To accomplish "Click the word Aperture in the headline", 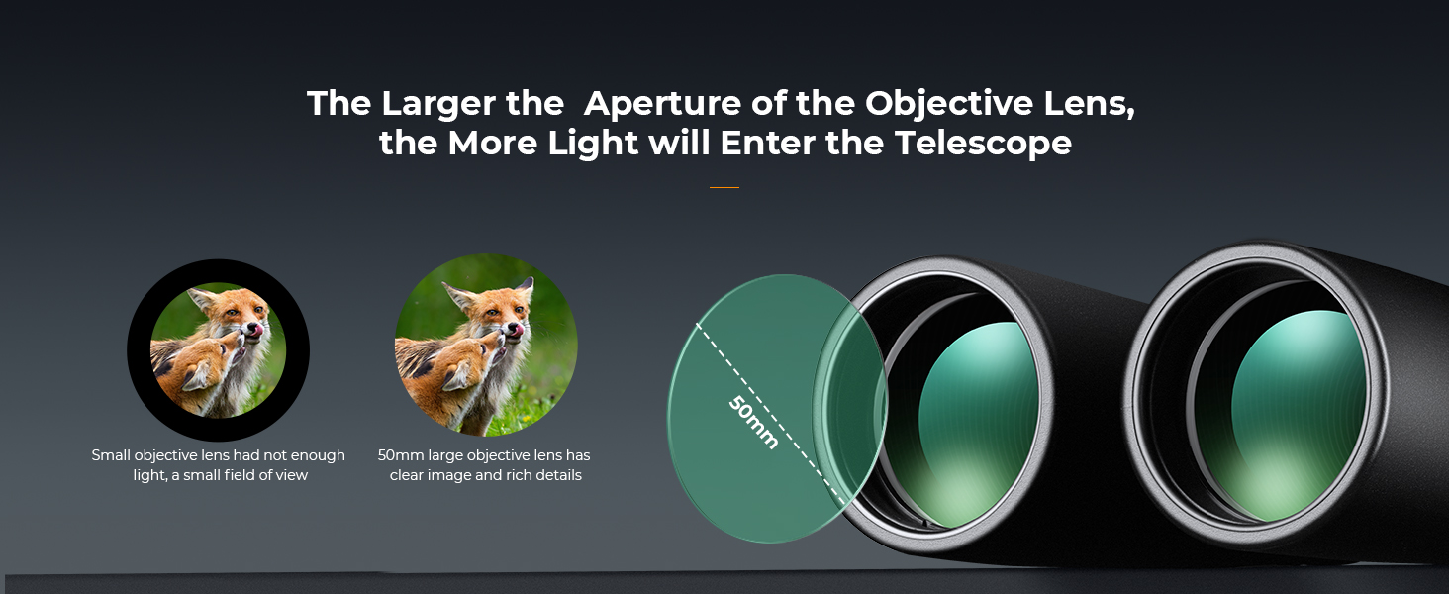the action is [662, 105].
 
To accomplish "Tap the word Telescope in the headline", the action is [983, 143].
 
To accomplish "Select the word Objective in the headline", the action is [949, 105].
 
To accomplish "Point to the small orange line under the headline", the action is [724, 188].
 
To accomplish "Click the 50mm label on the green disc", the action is [753, 422].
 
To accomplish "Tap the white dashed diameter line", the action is [770, 414].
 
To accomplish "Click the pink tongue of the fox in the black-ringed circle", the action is [256, 330].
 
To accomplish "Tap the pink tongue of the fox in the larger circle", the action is [516, 330].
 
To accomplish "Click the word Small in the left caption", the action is [111, 455].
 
